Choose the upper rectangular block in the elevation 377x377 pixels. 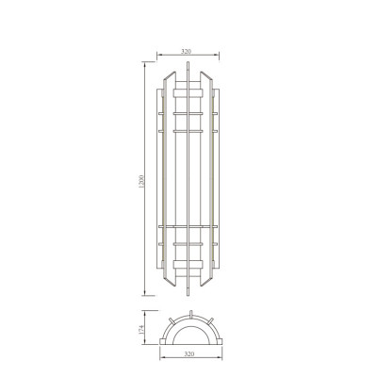click(x=189, y=93)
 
